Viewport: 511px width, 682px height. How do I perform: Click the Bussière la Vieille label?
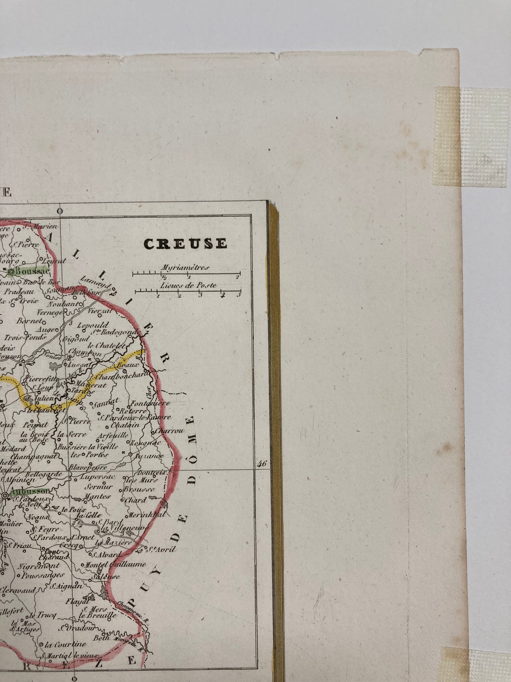(x=88, y=446)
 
